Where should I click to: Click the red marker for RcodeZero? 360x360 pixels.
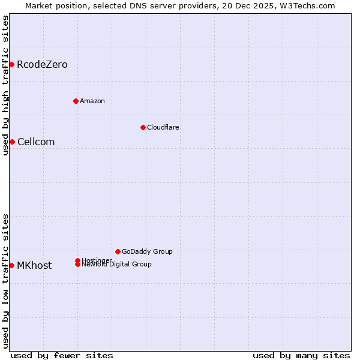11,64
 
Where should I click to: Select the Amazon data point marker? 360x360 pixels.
76,101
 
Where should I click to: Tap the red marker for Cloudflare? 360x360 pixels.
143,127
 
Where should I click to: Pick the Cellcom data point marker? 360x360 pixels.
12,142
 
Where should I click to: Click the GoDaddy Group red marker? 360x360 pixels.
118,251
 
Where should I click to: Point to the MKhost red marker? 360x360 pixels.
11,265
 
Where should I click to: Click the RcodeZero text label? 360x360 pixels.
42,64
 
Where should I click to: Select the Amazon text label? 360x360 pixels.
92,101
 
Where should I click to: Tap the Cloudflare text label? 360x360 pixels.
163,127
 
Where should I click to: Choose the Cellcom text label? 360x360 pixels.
36,142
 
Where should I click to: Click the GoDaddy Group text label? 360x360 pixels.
147,251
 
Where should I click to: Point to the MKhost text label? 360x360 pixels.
34,265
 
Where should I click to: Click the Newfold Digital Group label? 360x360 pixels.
117,265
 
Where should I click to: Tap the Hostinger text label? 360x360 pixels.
97,260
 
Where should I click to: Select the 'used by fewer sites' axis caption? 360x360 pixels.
62,355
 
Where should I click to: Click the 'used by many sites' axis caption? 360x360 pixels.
301,355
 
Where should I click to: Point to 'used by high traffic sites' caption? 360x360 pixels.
5,85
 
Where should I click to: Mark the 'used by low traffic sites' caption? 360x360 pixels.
5,281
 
